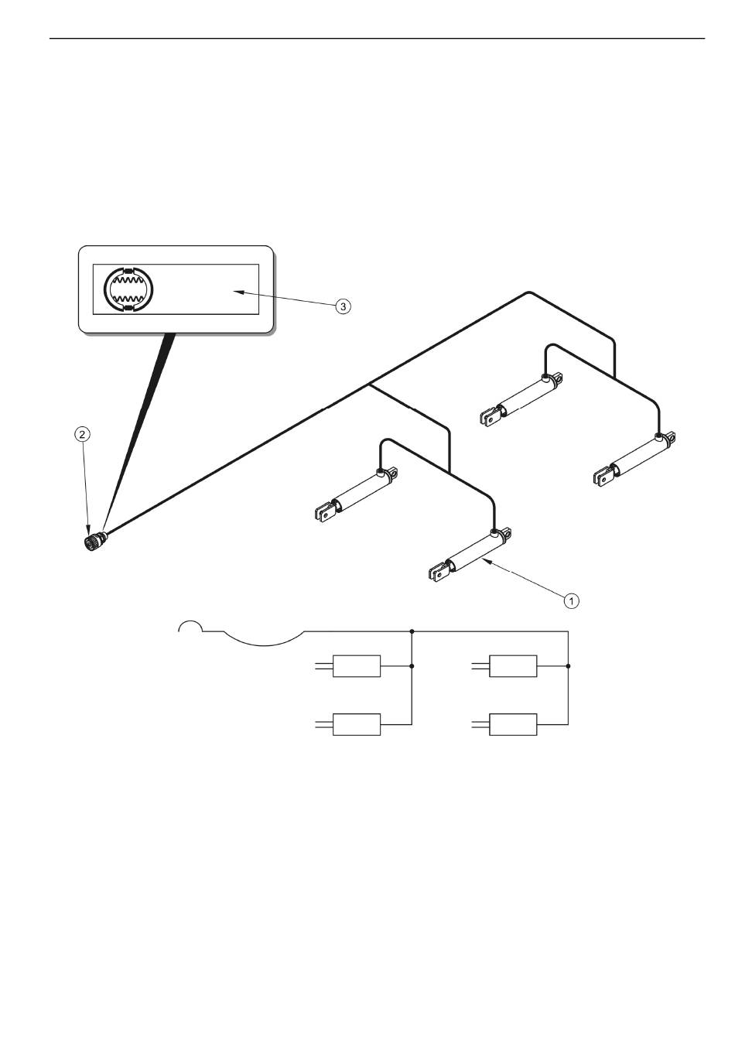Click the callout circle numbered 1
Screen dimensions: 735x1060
[x=571, y=600]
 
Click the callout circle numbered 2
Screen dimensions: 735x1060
[x=82, y=434]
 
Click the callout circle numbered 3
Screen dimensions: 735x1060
[x=343, y=306]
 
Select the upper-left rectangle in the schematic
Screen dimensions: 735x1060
[x=357, y=666]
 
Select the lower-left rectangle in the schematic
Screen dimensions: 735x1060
[x=357, y=724]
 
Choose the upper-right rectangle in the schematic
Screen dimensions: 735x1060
[x=512, y=666]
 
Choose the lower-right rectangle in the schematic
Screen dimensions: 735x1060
[x=512, y=724]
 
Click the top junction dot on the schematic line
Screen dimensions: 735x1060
[x=412, y=631]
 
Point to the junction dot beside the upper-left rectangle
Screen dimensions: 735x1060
[x=412, y=666]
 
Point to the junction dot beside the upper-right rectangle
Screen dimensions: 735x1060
[x=568, y=666]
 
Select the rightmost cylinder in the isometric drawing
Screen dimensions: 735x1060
[x=634, y=459]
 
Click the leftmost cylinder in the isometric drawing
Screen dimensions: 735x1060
[x=356, y=494]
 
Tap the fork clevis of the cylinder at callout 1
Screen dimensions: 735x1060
[x=438, y=573]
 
